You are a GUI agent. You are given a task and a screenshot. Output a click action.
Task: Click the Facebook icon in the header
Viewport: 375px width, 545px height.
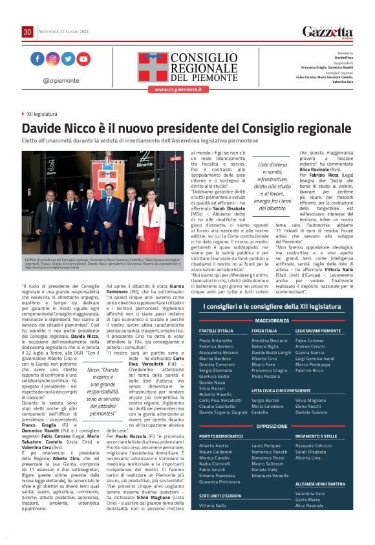(x=37, y=59)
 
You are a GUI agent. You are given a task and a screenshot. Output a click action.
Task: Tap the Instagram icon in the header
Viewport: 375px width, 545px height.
(x=53, y=59)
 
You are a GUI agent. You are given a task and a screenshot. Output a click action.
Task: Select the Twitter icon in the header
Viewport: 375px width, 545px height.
(x=69, y=59)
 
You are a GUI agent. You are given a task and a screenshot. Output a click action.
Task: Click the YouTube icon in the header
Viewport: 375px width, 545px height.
(x=84, y=59)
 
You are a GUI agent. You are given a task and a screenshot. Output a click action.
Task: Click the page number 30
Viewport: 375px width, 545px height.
(x=28, y=32)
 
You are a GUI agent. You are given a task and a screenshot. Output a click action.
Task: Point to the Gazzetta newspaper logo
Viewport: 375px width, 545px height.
(x=328, y=32)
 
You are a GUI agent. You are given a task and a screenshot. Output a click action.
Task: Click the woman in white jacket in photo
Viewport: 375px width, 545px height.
(x=151, y=220)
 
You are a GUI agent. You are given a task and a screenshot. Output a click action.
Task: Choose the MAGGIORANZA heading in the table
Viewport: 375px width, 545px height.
(x=272, y=320)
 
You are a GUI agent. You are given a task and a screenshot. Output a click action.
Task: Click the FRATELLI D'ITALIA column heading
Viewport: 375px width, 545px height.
(x=215, y=331)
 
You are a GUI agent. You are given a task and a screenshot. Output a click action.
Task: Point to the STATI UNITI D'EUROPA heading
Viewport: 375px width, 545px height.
(x=220, y=495)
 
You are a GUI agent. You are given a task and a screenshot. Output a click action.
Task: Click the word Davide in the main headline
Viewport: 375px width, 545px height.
(x=41, y=129)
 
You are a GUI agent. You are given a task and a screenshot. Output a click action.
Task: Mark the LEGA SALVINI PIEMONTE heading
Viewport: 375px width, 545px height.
(x=317, y=331)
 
